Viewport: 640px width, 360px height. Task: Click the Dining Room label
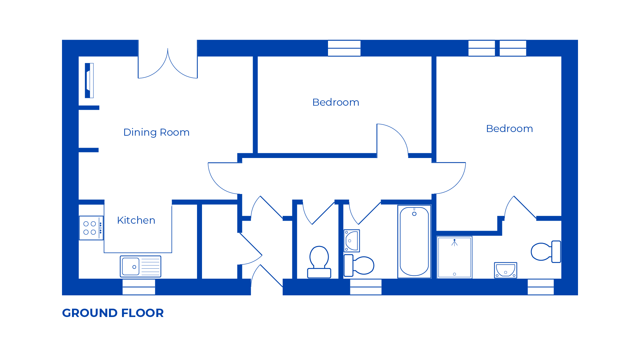point(156,132)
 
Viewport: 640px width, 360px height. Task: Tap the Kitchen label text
point(136,220)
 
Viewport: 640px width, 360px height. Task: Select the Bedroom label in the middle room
point(336,102)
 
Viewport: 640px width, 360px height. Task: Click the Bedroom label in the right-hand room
point(509,129)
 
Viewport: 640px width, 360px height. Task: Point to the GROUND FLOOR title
point(113,313)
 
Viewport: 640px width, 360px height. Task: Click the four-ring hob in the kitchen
point(91,228)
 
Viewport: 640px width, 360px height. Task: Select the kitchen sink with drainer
point(140,267)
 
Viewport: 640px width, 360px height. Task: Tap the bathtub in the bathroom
point(414,242)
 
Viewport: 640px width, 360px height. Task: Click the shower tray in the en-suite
point(454,257)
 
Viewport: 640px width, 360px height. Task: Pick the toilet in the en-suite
point(545,252)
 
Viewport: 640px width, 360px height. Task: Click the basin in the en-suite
point(505,270)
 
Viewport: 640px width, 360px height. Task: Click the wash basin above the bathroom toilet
point(352,241)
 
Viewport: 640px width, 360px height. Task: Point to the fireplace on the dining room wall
point(89,80)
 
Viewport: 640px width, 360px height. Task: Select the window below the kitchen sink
point(139,287)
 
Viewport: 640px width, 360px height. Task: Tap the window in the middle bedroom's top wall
point(344,48)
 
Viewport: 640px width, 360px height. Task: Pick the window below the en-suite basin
point(540,287)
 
